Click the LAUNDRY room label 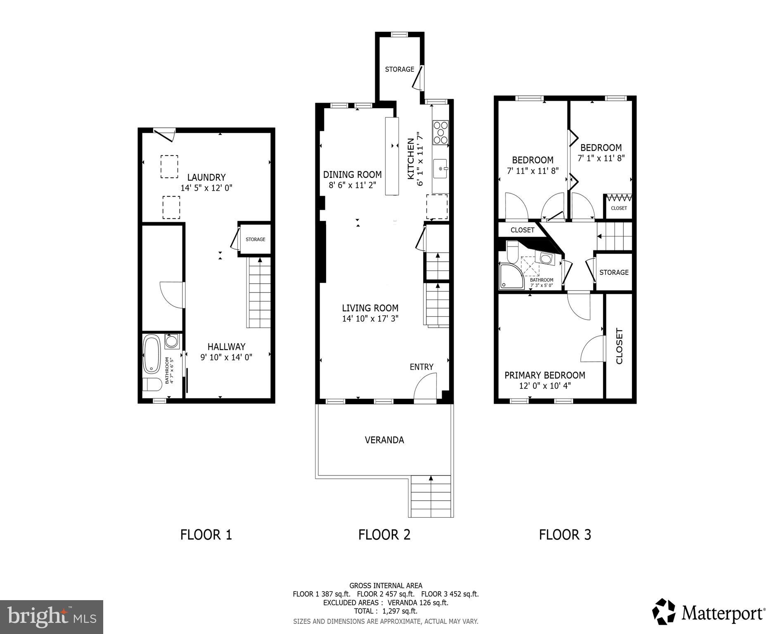coord(206,177)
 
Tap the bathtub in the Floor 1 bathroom coord(151,355)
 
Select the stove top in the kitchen coord(440,132)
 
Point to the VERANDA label coord(384,440)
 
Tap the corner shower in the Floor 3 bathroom coord(509,276)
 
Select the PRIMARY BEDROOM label coord(544,375)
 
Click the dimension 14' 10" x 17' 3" coord(370,319)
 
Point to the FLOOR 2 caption coord(384,535)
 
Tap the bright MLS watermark coord(52,617)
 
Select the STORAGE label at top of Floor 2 coord(399,69)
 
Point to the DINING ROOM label coord(352,175)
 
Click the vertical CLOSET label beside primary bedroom coord(619,346)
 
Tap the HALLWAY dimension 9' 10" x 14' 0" coord(226,357)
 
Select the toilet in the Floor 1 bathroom coord(152,384)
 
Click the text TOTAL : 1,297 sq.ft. coord(386,611)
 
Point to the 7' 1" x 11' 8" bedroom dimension coord(601,158)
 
